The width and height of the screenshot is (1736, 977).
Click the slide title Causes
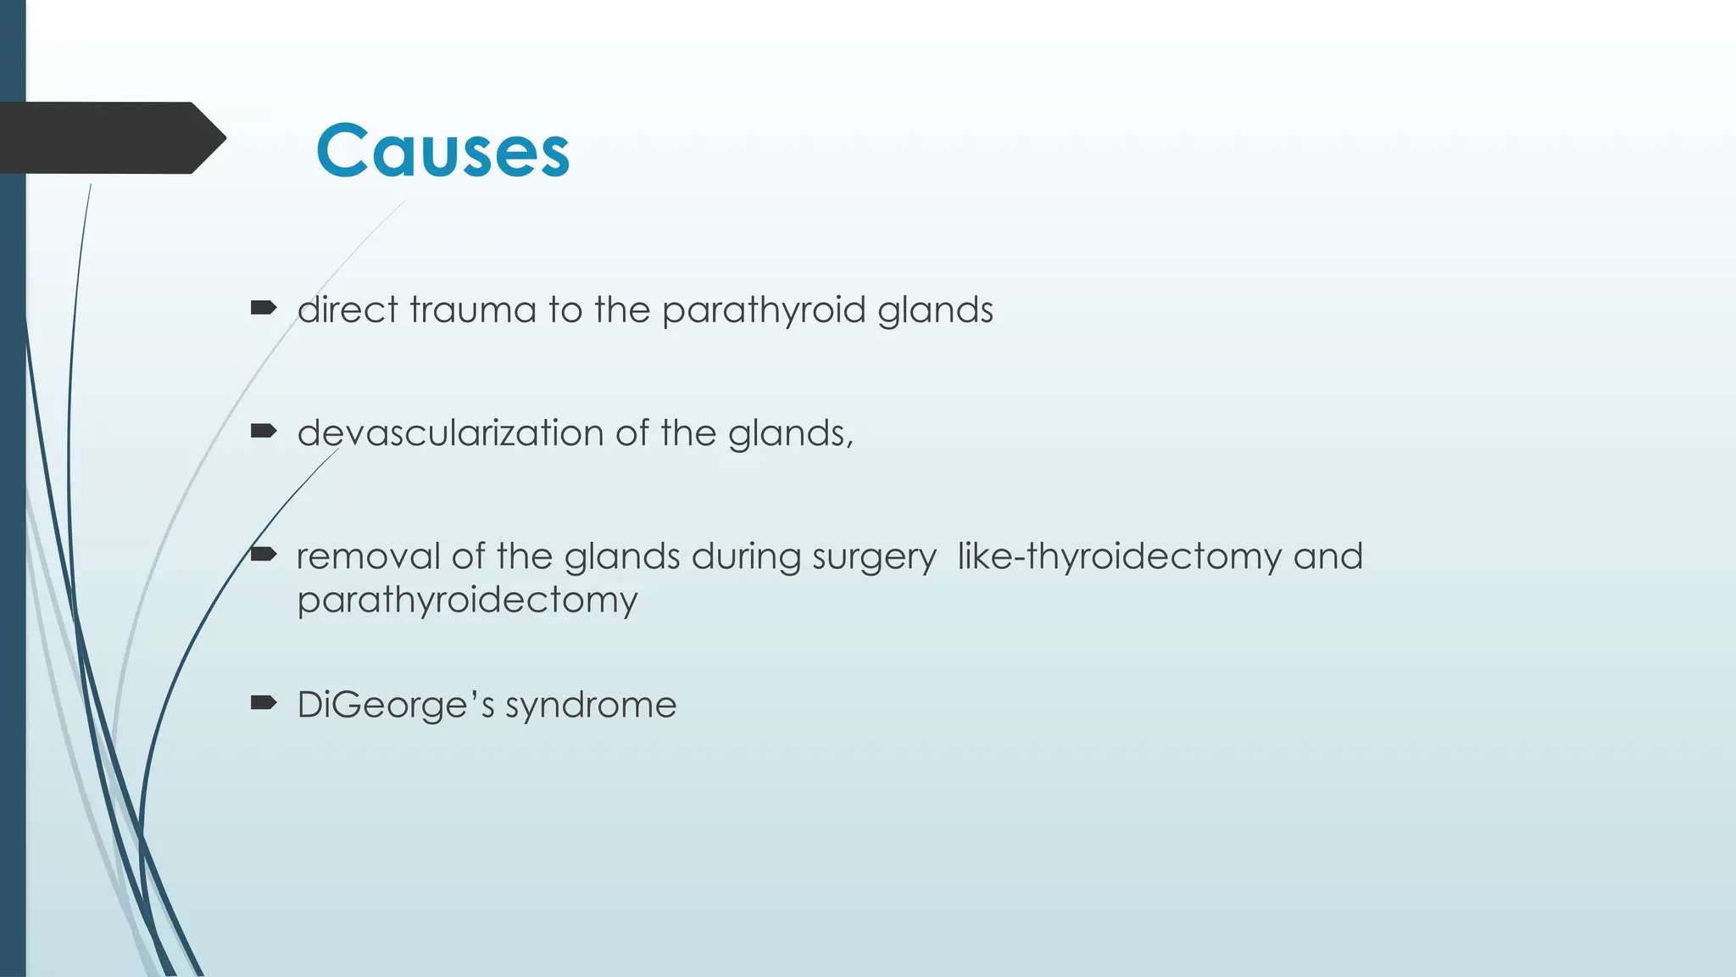coord(442,151)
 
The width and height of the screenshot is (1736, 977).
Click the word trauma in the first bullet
coord(473,310)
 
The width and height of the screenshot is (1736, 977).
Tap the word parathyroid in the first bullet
coord(764,310)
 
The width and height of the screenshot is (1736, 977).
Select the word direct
coord(348,310)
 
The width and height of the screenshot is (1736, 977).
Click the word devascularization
coord(450,433)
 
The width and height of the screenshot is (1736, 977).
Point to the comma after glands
coord(849,444)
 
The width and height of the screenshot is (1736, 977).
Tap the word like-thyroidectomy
coord(1119,557)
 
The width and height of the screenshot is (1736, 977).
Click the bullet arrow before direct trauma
coord(264,308)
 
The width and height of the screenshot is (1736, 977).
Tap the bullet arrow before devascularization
coord(264,432)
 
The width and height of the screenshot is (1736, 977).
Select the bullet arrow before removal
coord(264,555)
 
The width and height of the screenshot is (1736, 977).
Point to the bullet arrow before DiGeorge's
coord(264,702)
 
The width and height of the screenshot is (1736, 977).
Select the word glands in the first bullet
coord(935,310)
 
